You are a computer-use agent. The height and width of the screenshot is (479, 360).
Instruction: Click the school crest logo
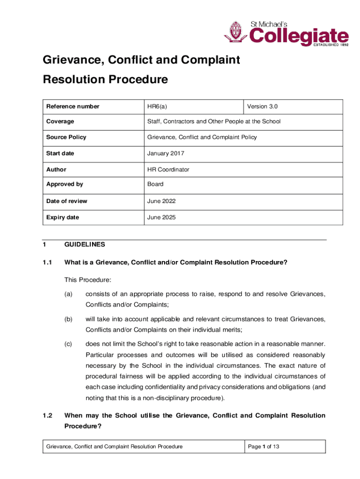click(x=235, y=33)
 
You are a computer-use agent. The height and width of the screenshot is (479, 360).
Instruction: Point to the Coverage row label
click(x=60, y=122)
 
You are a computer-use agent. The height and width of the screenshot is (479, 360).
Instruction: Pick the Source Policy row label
click(x=66, y=138)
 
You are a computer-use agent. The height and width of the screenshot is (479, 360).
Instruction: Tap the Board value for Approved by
click(x=155, y=184)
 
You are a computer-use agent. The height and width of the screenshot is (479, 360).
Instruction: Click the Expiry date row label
click(x=62, y=218)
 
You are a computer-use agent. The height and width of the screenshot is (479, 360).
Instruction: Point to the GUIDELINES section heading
click(x=85, y=245)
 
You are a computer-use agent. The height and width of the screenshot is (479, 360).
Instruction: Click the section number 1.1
click(x=47, y=262)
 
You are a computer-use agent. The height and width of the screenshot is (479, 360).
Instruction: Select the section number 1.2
click(x=47, y=415)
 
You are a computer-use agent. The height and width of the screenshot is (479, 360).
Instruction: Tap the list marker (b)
click(x=69, y=319)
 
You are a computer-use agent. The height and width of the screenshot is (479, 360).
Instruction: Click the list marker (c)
click(x=69, y=345)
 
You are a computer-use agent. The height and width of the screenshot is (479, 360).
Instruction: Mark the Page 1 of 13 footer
click(x=264, y=447)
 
